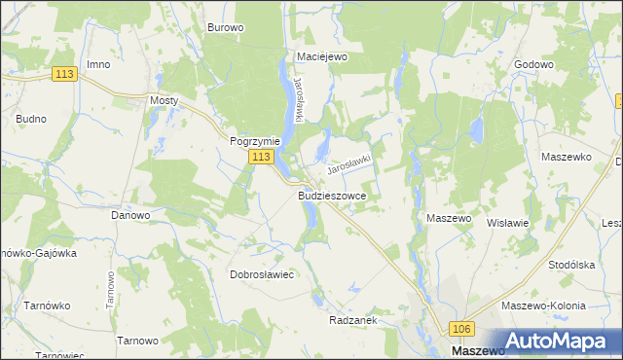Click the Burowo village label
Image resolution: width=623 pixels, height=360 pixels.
tap(225, 27)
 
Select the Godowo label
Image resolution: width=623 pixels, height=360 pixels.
tap(532, 64)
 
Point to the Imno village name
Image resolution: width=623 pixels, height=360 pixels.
tap(97, 64)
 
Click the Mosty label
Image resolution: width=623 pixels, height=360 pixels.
tap(164, 99)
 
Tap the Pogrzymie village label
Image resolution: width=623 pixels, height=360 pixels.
tap(255, 140)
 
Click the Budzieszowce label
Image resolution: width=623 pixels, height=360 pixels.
tap(331, 195)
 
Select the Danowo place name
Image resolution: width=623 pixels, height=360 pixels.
tap(130, 215)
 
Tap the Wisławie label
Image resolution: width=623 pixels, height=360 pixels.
tap(506, 222)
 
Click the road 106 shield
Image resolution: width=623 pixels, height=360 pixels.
tap(461, 331)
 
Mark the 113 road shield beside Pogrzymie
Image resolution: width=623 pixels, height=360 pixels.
tap(260, 157)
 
